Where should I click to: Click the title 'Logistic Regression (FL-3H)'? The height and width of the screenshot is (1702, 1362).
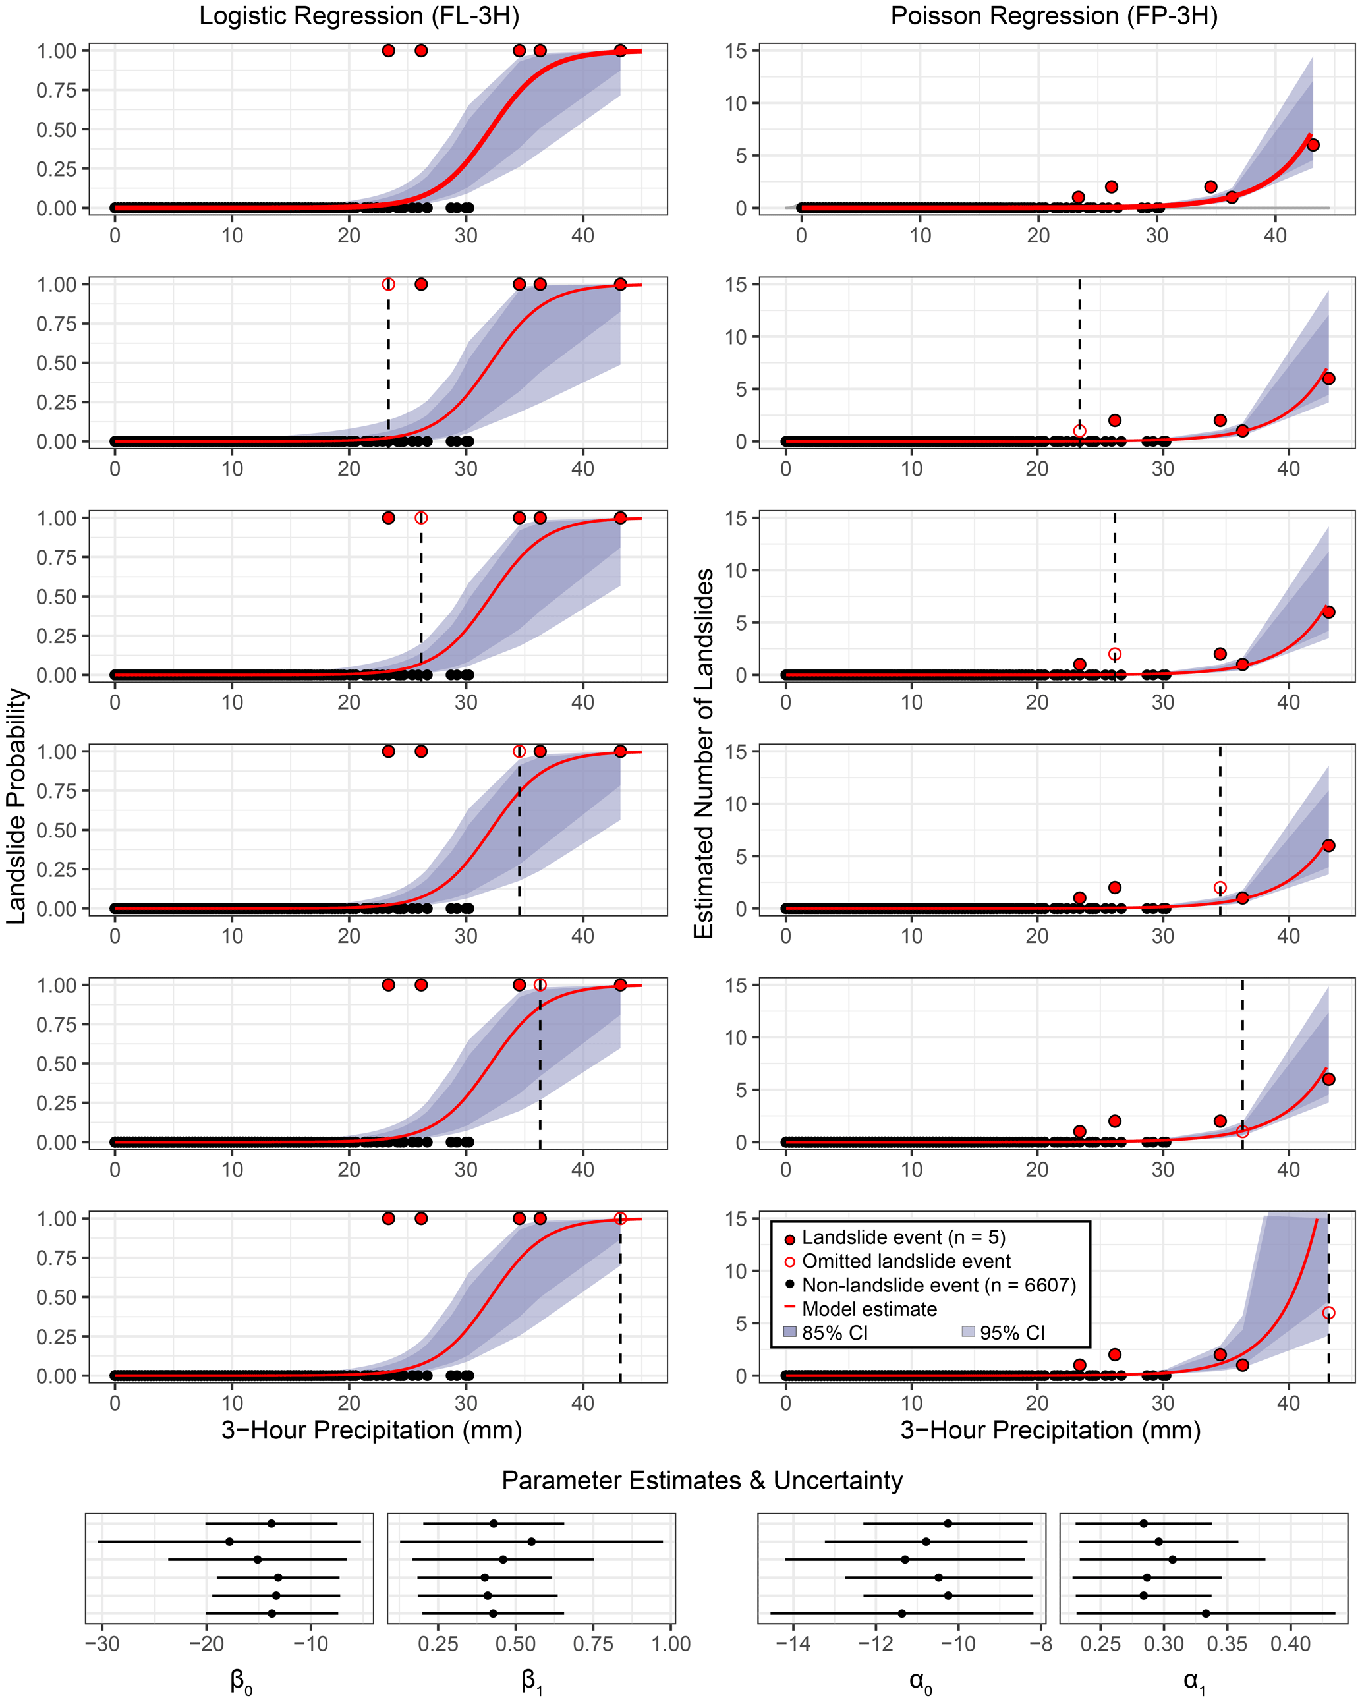click(x=358, y=16)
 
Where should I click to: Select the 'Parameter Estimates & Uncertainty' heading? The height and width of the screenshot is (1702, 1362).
click(x=702, y=1480)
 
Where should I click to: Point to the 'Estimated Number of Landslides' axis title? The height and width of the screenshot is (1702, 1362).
click(x=704, y=753)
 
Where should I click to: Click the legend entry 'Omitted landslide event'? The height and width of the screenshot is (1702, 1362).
click(x=905, y=1261)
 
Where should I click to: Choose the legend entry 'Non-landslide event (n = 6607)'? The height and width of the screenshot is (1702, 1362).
click(x=938, y=1285)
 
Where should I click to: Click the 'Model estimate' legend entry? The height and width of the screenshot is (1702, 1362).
click(x=868, y=1309)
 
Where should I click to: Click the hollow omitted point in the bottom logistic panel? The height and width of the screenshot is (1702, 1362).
click(x=621, y=1219)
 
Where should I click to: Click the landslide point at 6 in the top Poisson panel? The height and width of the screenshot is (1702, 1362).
click(x=1313, y=145)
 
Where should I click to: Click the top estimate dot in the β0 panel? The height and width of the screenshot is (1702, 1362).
click(x=271, y=1523)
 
